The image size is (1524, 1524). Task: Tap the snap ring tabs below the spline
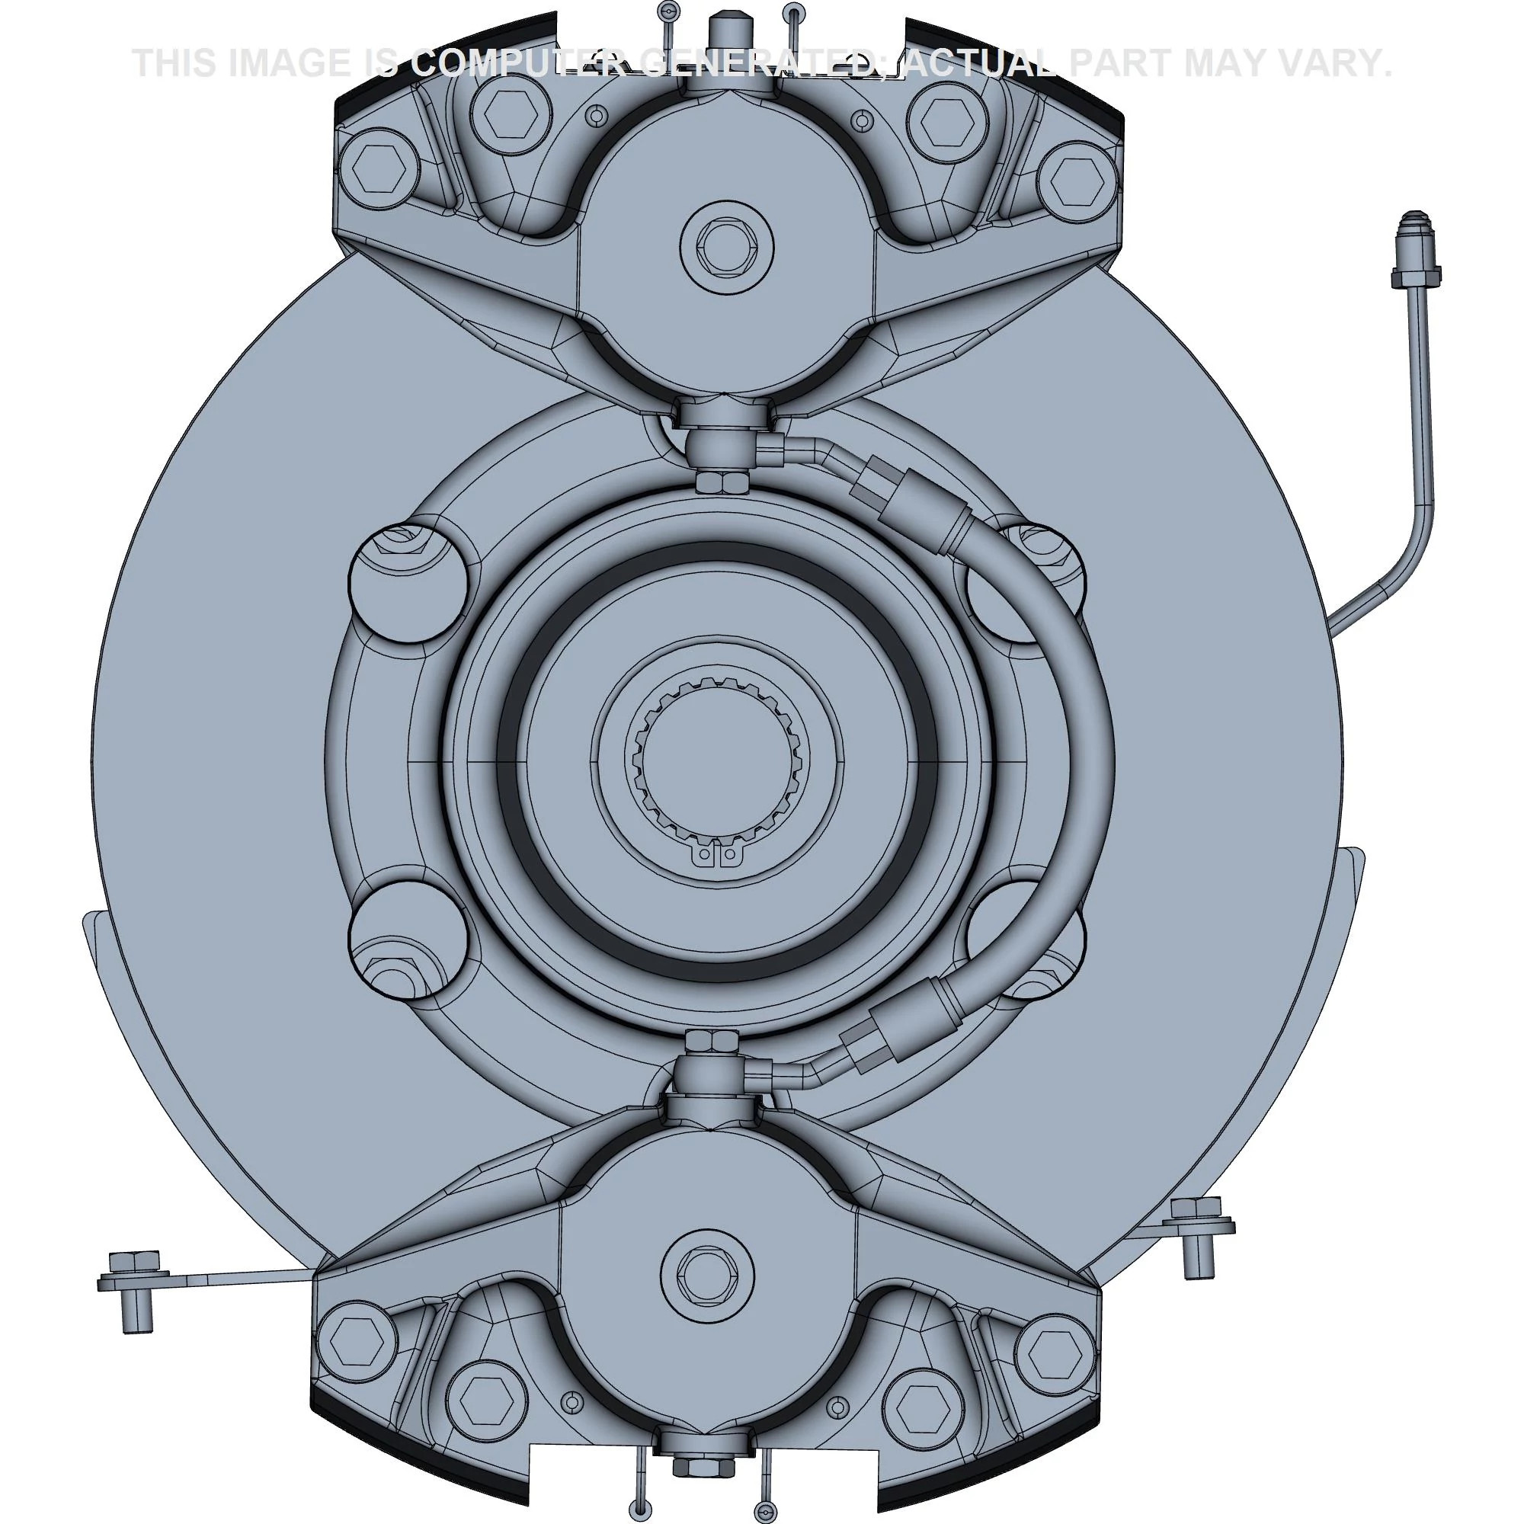tap(717, 854)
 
